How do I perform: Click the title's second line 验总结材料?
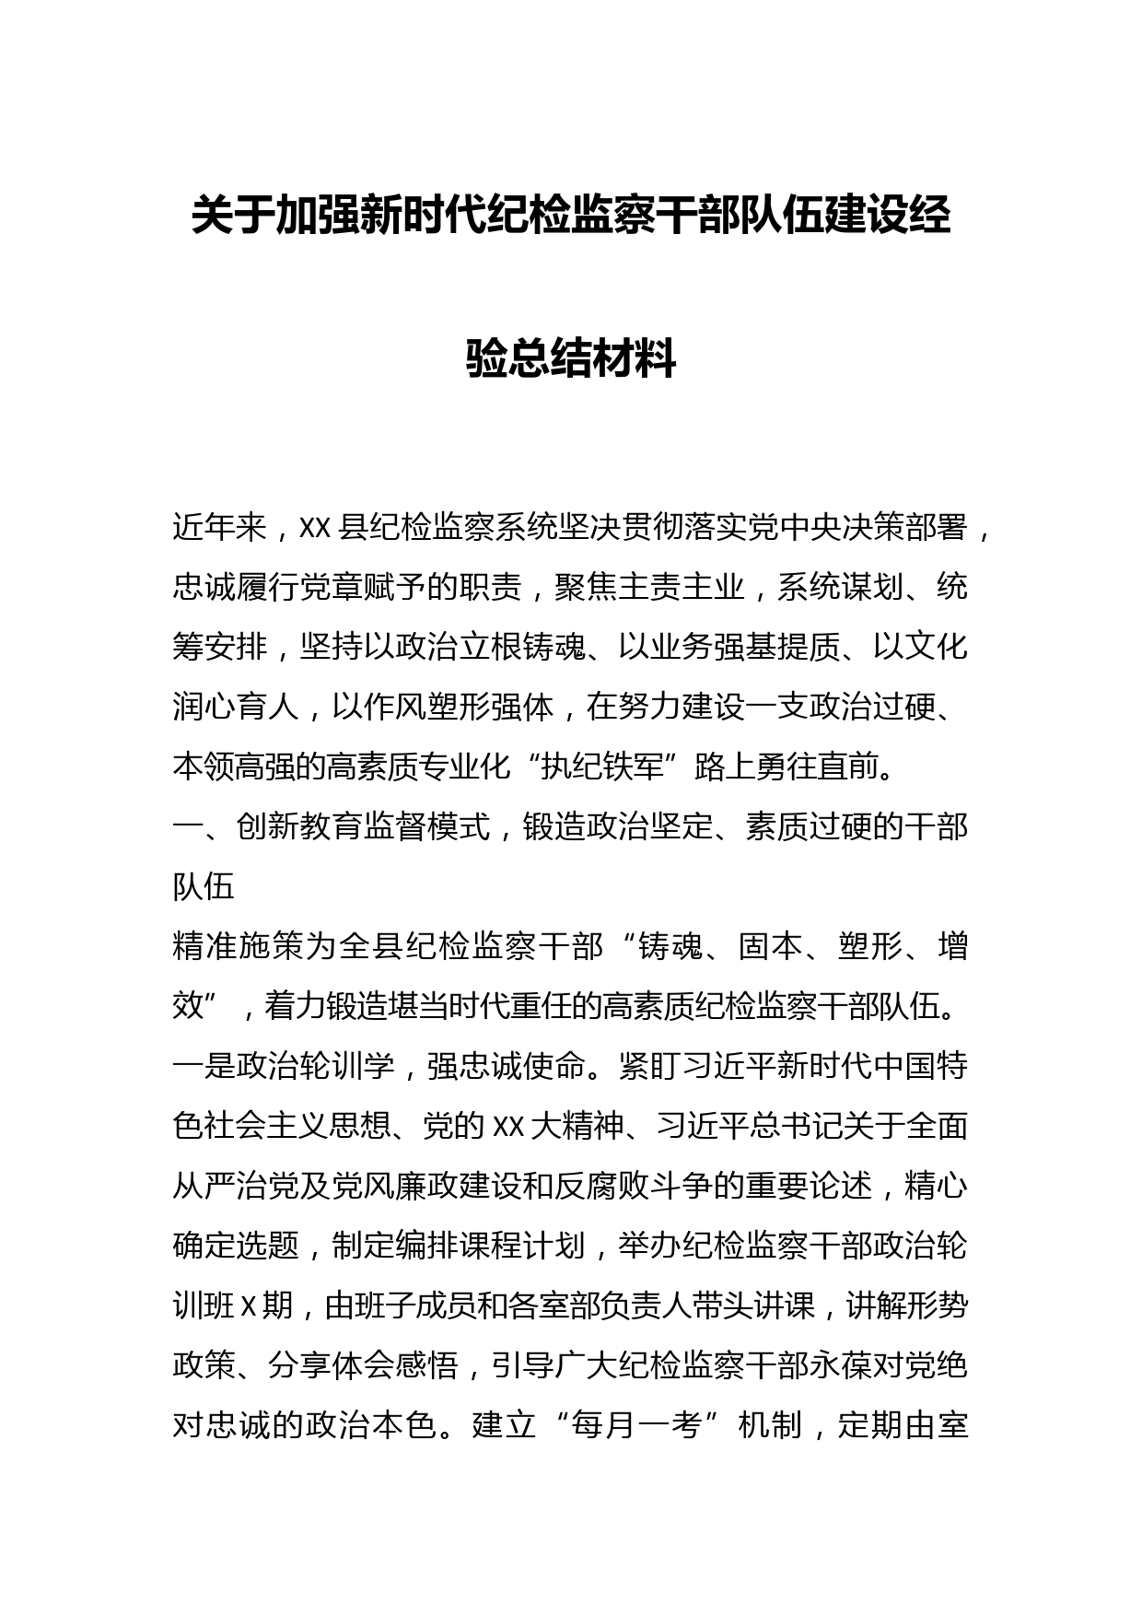pos(571,359)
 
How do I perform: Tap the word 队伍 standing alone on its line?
pos(204,887)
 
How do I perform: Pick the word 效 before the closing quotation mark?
pos(188,1007)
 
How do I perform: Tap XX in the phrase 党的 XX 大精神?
pos(508,1127)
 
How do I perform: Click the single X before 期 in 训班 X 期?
pos(246,1306)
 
